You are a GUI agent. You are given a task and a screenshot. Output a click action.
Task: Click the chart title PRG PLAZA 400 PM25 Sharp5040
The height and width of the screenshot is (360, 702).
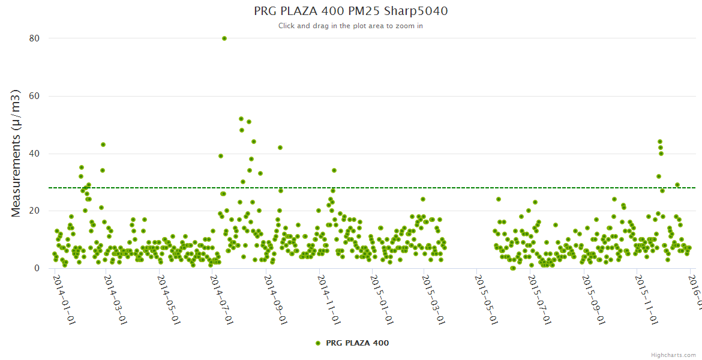pos(350,11)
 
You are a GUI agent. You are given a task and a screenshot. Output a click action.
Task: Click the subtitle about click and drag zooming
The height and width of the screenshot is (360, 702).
pos(350,26)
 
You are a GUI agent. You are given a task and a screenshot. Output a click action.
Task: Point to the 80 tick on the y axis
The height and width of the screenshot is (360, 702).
pos(34,38)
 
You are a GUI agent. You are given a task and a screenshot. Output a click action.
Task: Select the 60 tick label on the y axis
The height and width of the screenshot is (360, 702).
pos(34,96)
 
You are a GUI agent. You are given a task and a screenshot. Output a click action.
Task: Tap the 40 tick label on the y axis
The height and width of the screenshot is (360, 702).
pos(34,154)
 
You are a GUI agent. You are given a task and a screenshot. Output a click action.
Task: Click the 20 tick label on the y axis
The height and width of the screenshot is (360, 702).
pos(34,211)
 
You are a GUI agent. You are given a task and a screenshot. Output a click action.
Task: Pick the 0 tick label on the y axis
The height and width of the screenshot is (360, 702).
pos(37,269)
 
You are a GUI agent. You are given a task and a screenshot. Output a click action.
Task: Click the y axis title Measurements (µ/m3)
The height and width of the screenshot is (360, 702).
pos(16,153)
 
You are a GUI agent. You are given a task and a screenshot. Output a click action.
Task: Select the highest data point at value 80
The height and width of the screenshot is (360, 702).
pos(224,38)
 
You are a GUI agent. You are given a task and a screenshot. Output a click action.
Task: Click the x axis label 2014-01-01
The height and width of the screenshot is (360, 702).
pos(64,299)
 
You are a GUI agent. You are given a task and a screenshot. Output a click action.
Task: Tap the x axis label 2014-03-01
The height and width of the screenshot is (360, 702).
pos(115,299)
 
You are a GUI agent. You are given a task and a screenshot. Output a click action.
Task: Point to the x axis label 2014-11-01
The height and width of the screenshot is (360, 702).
pos(328,299)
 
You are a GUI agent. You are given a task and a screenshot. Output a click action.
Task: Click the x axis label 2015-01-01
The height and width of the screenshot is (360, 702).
pos(382,299)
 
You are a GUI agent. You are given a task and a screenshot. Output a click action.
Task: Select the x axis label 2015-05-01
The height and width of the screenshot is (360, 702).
pos(486,299)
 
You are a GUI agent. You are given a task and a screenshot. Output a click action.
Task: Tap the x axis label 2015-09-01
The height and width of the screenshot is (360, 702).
pos(593,299)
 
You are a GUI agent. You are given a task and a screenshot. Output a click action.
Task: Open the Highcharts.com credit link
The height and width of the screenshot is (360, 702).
pos(673,355)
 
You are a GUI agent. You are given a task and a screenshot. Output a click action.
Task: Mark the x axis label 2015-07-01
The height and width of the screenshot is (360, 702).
pos(539,299)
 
